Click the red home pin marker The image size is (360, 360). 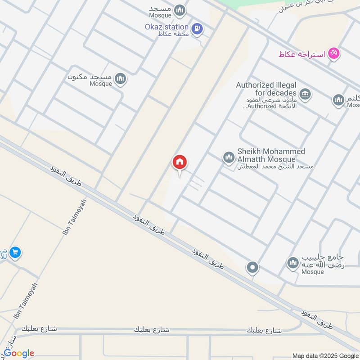pyautogui.click(x=180, y=163)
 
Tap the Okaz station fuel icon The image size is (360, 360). pyautogui.click(x=197, y=29)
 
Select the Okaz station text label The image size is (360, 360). pyautogui.click(x=166, y=27)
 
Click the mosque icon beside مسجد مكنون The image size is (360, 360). pyautogui.click(x=120, y=79)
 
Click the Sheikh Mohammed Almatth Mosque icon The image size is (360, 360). pyautogui.click(x=229, y=157)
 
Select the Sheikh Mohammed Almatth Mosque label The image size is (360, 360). pyautogui.click(x=270, y=155)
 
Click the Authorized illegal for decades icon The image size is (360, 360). pyautogui.click(x=306, y=94)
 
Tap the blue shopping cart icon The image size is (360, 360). pyautogui.click(x=15, y=253)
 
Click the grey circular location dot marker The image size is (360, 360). pyautogui.click(x=252, y=268)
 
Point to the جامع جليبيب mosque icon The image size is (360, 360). pyautogui.click(x=293, y=262)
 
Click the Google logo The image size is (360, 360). pyautogui.click(x=19, y=353)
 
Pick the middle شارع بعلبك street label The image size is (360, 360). pyautogui.click(x=152, y=330)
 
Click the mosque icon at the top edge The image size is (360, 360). pyautogui.click(x=180, y=10)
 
